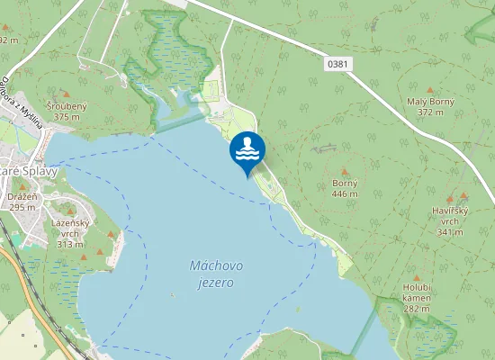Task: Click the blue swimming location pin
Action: click(x=247, y=150)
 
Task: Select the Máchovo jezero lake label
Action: click(x=212, y=274)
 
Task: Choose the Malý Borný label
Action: click(x=430, y=102)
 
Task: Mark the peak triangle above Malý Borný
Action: click(x=429, y=90)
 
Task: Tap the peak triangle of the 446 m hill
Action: click(x=345, y=169)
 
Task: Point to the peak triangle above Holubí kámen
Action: click(x=417, y=277)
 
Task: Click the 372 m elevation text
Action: click(x=430, y=112)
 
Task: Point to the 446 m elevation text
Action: click(x=345, y=193)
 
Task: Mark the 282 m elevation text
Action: click(x=418, y=309)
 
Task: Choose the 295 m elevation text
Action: click(x=22, y=207)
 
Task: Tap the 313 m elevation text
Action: click(x=70, y=244)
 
